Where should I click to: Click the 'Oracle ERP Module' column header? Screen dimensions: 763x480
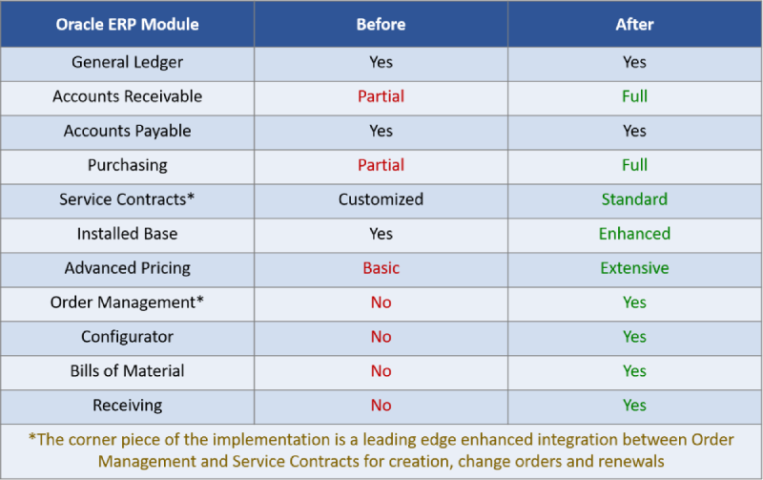[128, 25]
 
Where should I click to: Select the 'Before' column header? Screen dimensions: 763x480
[381, 25]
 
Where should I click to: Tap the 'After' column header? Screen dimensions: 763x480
[634, 25]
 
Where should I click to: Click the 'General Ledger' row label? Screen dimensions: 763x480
[128, 62]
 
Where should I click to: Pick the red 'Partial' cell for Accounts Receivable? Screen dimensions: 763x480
[381, 96]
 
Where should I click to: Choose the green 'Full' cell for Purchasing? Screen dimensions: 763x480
[634, 165]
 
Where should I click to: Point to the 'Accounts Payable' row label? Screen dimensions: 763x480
[128, 131]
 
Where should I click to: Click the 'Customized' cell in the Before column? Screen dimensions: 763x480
[381, 199]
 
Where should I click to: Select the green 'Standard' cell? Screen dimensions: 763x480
[634, 199]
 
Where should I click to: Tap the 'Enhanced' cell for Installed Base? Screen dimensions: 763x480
[634, 234]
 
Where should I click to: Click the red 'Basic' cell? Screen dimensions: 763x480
[381, 268]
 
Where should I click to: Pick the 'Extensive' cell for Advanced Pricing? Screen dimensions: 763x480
[634, 268]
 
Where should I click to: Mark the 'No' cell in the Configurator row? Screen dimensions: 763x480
[381, 337]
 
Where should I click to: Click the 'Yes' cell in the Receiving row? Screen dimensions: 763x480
[634, 406]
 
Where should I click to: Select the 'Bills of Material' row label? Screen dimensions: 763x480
[128, 371]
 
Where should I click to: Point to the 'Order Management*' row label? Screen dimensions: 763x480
[128, 303]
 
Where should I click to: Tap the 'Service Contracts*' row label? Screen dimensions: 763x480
[128, 199]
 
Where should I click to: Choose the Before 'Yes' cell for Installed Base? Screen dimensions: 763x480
[381, 234]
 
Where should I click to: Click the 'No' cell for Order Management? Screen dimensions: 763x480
[381, 303]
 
